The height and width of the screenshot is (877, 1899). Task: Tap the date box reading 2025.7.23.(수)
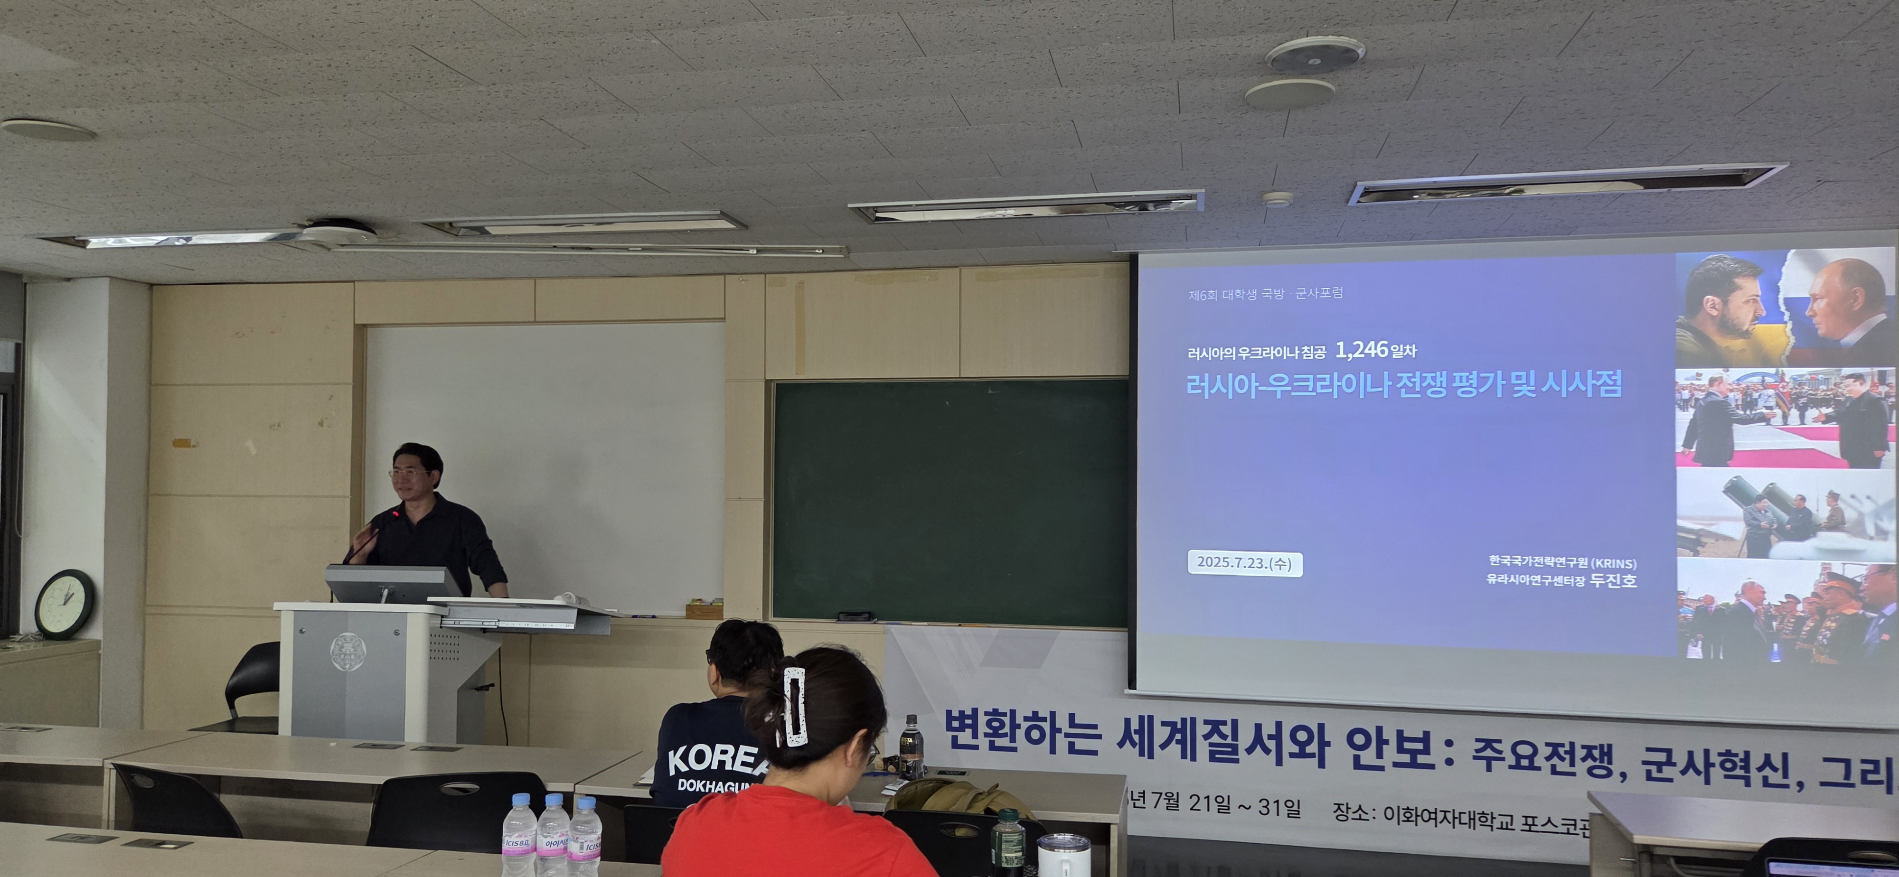[1244, 563]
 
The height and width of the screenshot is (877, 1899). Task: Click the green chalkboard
[949, 501]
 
